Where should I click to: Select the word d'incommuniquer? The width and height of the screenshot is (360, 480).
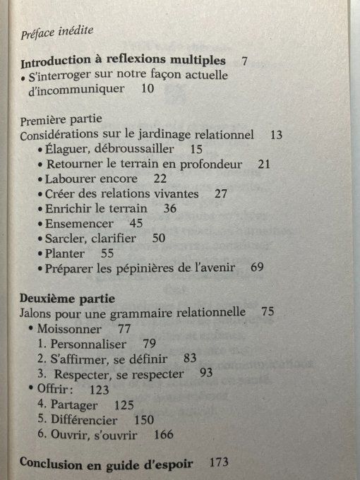click(70, 89)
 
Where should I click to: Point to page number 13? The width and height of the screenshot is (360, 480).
click(276, 134)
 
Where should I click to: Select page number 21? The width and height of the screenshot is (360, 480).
click(265, 164)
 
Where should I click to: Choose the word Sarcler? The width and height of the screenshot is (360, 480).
click(66, 238)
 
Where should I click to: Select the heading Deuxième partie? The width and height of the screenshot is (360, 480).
click(63, 297)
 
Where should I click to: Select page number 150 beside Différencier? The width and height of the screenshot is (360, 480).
click(143, 419)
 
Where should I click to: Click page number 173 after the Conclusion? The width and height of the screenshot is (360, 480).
click(220, 463)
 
